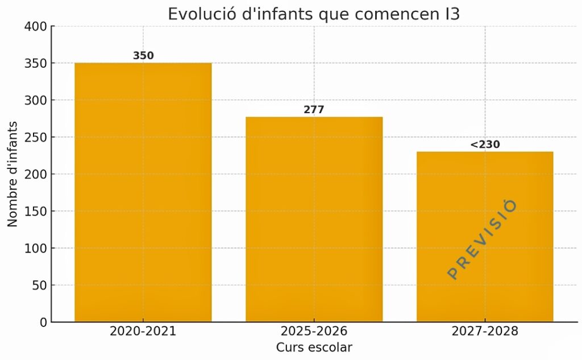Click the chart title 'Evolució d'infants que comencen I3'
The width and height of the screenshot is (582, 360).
point(313,14)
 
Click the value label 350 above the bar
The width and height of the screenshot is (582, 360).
point(143,56)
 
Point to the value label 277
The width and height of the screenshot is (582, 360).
point(314,110)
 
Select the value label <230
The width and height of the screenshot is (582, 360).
point(485,144)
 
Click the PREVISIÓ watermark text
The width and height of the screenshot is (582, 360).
point(482,239)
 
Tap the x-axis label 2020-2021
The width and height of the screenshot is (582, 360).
point(143,331)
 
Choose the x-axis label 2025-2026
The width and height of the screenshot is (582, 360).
point(314,331)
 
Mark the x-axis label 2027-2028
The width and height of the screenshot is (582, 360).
point(485,331)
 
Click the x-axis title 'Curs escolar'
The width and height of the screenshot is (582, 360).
point(314,347)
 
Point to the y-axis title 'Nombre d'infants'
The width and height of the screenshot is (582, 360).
point(13,174)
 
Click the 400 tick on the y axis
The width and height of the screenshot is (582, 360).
point(36,26)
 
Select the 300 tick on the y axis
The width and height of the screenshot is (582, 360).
point(36,100)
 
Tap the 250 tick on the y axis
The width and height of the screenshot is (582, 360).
point(36,137)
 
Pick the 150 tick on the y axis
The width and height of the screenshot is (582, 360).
point(36,211)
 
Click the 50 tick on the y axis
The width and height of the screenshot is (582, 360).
point(39,285)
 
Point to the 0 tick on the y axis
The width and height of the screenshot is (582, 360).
point(43,322)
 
